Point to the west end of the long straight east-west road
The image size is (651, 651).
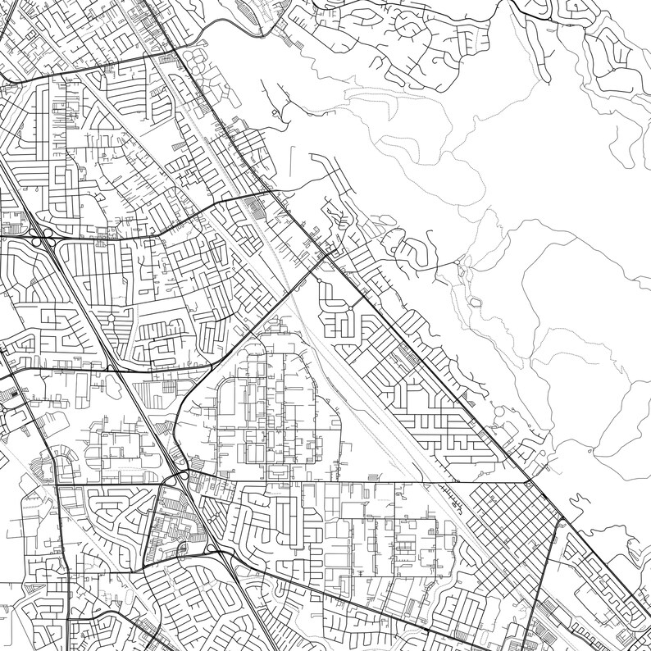57,485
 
